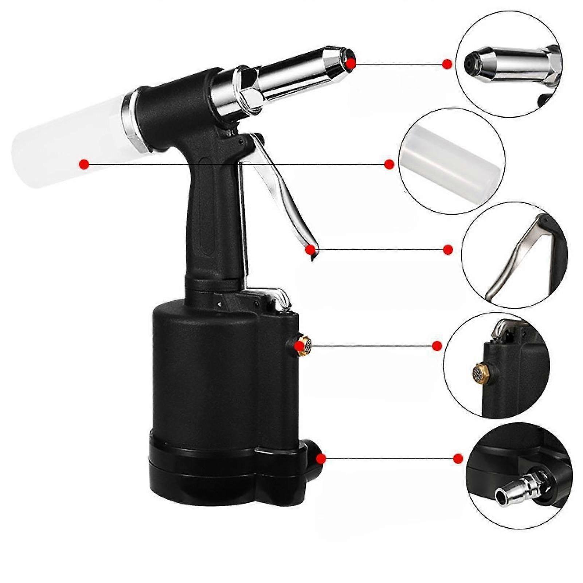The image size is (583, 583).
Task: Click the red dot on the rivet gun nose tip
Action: [x=351, y=63]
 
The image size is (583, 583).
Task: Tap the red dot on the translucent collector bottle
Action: [x=84, y=164]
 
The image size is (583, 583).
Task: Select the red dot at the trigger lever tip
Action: [x=310, y=250]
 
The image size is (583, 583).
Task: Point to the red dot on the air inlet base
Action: [x=321, y=459]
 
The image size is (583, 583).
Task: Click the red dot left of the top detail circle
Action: [x=447, y=64]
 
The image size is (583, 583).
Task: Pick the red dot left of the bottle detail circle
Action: [x=389, y=164]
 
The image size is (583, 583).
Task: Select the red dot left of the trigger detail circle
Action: [x=448, y=250]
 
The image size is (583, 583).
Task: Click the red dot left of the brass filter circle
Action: [x=437, y=346]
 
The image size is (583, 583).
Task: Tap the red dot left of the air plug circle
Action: [x=458, y=458]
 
